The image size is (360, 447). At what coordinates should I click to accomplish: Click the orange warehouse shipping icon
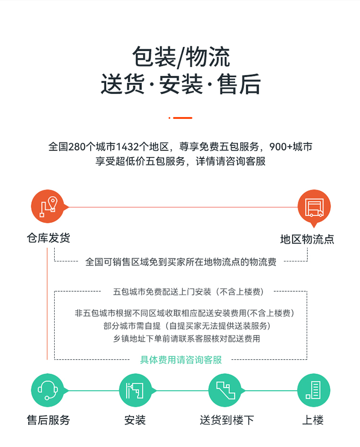tap(48, 206)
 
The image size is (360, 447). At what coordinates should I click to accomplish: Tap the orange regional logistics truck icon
tap(314, 207)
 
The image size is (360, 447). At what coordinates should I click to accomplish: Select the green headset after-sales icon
tap(48, 390)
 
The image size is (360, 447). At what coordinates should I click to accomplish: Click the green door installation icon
tap(135, 390)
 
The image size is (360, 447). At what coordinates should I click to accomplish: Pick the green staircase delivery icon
tap(225, 390)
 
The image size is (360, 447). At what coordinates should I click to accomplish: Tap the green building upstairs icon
tap(314, 390)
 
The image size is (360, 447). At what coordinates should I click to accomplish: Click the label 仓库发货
tap(48, 238)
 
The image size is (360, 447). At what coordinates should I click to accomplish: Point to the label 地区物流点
tap(307, 239)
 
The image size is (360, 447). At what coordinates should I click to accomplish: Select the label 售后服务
tap(48, 420)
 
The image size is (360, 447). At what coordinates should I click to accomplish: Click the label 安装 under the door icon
tap(135, 420)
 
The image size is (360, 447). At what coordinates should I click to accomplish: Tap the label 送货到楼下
tap(227, 420)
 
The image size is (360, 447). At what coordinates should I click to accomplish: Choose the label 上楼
tap(313, 420)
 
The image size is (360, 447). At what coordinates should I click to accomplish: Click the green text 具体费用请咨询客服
tap(181, 360)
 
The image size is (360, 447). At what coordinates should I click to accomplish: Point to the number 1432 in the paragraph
tap(128, 147)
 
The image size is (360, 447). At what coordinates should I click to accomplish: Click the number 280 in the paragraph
tap(77, 147)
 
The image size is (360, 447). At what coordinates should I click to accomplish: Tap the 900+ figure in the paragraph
tap(281, 147)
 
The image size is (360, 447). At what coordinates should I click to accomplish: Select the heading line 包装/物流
tap(181, 57)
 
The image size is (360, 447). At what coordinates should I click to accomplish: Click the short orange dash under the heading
tap(180, 118)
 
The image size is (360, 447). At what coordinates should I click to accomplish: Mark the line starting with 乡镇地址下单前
tap(187, 339)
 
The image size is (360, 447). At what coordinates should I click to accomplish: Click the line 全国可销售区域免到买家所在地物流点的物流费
tap(181, 262)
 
